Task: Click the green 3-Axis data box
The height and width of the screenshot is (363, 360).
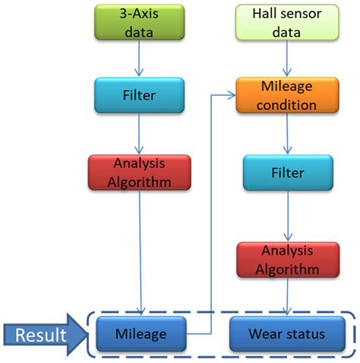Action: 139,22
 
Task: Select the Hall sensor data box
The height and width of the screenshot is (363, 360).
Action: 287,22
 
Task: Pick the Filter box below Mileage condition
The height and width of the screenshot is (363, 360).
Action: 287,172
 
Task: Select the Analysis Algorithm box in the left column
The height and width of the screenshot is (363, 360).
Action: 139,174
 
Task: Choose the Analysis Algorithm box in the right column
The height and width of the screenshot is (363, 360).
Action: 287,259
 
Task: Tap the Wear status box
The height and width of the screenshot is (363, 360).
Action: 287,333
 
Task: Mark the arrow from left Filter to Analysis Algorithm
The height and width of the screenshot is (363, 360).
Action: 140,136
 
